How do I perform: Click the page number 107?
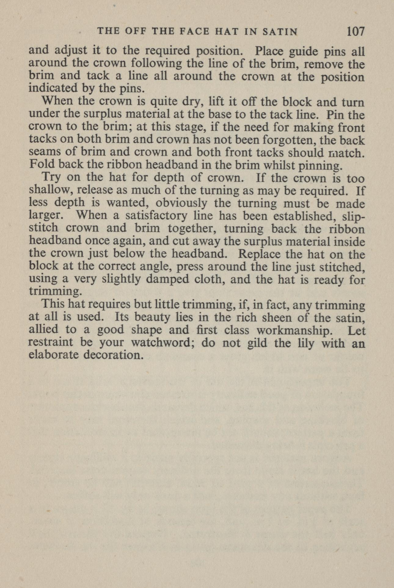tap(356, 31)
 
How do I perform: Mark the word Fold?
tap(41, 165)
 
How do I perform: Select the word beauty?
tap(152, 318)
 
